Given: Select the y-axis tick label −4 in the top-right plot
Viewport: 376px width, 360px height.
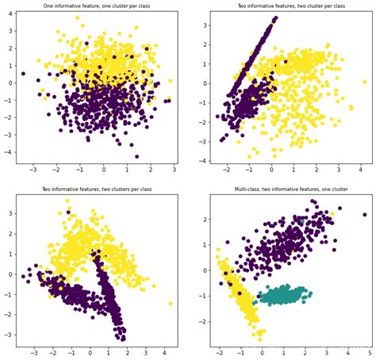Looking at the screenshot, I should [202, 161].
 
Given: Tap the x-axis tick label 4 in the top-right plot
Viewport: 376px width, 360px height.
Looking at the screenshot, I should [340, 170].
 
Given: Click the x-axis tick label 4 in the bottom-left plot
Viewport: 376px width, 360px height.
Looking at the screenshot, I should [164, 353].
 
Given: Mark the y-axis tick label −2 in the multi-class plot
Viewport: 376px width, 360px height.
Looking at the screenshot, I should [202, 322].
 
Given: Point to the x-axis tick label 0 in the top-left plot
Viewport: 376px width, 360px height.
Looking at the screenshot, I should [103, 170].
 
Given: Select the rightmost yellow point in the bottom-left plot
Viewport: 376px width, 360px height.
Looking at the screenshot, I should [171, 303].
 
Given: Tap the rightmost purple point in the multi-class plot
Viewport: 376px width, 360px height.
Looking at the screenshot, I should [365, 214].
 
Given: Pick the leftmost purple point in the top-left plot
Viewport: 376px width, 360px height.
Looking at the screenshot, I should [23, 74].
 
